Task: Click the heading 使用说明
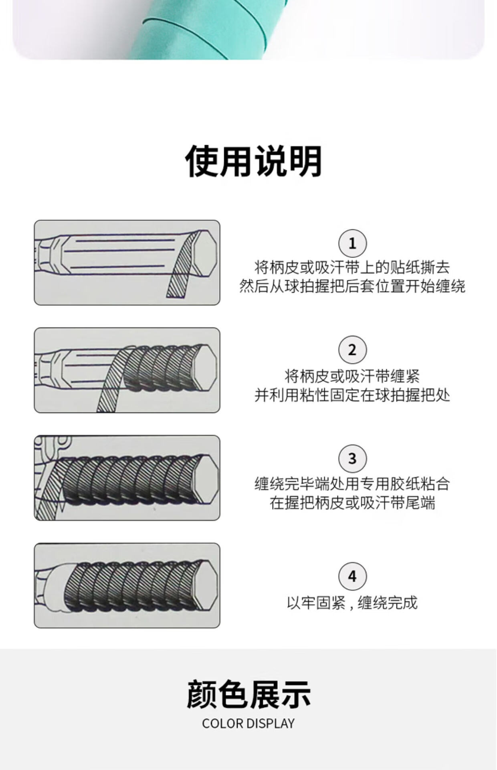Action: coord(254,161)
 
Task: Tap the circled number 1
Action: coord(352,243)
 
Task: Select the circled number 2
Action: coord(352,350)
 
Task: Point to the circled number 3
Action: coord(352,458)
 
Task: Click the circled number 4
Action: coord(352,576)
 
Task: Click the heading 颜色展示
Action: coord(248,694)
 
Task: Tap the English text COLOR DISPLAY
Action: coord(248,724)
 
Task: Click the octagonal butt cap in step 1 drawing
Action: coord(205,252)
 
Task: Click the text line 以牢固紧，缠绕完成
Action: coord(352,603)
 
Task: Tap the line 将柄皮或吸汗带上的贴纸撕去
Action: coord(352,267)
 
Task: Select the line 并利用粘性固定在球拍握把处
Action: coord(352,395)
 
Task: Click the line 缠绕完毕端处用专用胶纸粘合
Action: coord(352,484)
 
